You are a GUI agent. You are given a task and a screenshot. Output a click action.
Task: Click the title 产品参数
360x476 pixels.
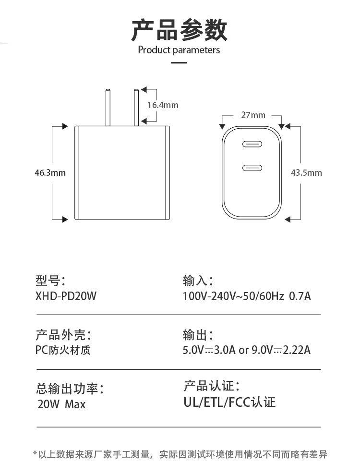click(x=179, y=30)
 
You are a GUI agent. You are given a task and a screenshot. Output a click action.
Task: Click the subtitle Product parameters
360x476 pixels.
click(x=179, y=50)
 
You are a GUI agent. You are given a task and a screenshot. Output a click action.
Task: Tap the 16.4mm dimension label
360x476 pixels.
click(x=162, y=105)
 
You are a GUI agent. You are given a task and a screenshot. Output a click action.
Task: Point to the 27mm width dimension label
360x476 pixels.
click(x=253, y=115)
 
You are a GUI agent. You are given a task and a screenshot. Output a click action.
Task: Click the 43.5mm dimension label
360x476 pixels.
click(x=306, y=173)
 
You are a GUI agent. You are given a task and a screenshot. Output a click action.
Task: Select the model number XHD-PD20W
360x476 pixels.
click(x=66, y=296)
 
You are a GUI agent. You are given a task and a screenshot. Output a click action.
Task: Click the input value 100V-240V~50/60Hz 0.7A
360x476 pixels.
click(x=247, y=296)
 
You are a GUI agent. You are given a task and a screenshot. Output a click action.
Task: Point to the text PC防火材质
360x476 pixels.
click(x=63, y=350)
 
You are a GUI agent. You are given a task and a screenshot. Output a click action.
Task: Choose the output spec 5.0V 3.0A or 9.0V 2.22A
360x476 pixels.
click(x=247, y=350)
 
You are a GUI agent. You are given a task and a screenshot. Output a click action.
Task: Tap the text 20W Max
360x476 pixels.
click(x=61, y=404)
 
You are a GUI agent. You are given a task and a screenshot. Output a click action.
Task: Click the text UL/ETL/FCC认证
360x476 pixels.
click(x=229, y=402)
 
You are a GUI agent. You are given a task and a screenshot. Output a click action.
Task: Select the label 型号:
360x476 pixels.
click(x=50, y=281)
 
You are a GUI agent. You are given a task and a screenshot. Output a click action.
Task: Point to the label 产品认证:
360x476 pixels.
click(x=211, y=386)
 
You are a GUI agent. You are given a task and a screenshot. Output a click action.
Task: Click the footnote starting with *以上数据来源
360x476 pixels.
click(x=180, y=454)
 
